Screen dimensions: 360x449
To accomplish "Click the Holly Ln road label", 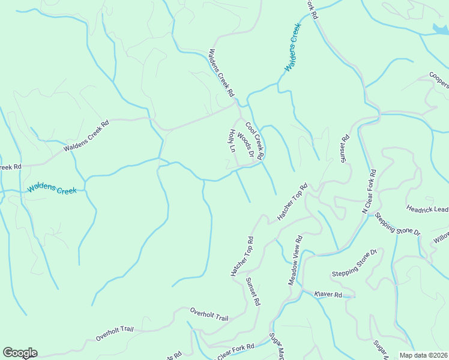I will point(232,140).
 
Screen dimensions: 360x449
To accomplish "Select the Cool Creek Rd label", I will point(254,140).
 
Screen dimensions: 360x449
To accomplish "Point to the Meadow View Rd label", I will point(295,260).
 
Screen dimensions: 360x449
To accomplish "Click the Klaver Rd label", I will point(328,295).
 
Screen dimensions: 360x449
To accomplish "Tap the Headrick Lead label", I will point(427,209).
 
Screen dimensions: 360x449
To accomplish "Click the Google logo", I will point(20,353).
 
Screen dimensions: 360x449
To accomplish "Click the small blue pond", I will point(439,27).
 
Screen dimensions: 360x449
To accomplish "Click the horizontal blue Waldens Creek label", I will point(52,190).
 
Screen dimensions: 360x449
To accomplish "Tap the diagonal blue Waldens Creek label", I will point(292,47).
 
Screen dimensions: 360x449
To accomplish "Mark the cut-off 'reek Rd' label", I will point(10,167).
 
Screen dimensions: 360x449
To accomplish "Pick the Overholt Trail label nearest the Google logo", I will point(114,334).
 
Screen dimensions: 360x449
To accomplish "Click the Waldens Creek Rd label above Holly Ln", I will point(220,74).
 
